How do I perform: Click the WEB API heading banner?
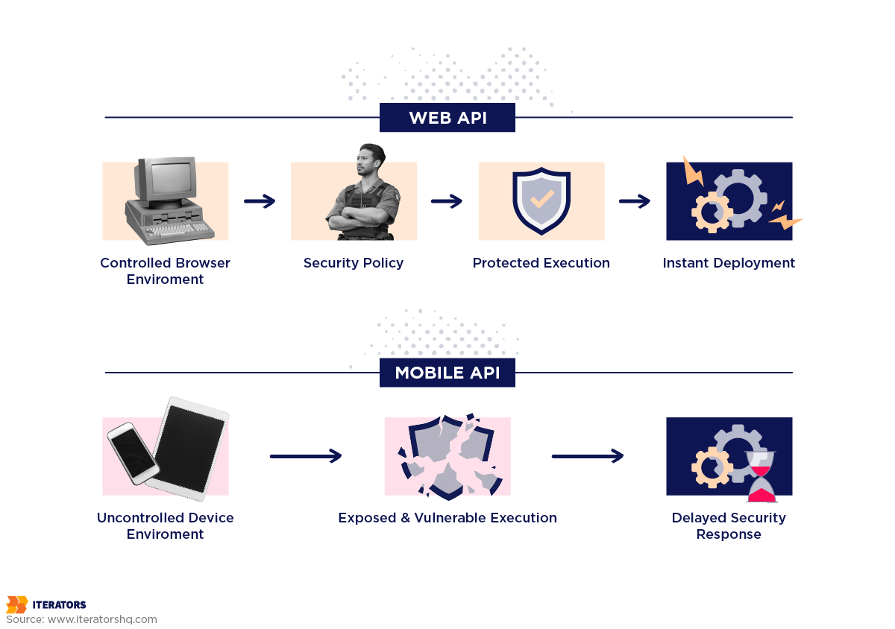[447, 118]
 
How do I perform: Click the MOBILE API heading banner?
[447, 373]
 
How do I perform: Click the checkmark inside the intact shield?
[541, 198]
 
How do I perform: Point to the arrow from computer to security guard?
[260, 201]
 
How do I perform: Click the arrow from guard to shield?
[447, 201]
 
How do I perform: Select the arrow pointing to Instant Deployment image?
[635, 201]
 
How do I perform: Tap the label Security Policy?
[354, 263]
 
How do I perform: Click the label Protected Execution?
[541, 263]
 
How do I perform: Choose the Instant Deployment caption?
[729, 263]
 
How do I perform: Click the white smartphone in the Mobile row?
[133, 452]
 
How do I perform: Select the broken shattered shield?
[447, 456]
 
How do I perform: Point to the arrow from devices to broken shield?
[306, 456]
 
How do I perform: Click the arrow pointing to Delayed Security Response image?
[588, 456]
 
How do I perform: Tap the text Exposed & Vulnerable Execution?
[447, 518]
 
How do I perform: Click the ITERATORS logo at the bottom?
[46, 604]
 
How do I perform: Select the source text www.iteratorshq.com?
[102, 619]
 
